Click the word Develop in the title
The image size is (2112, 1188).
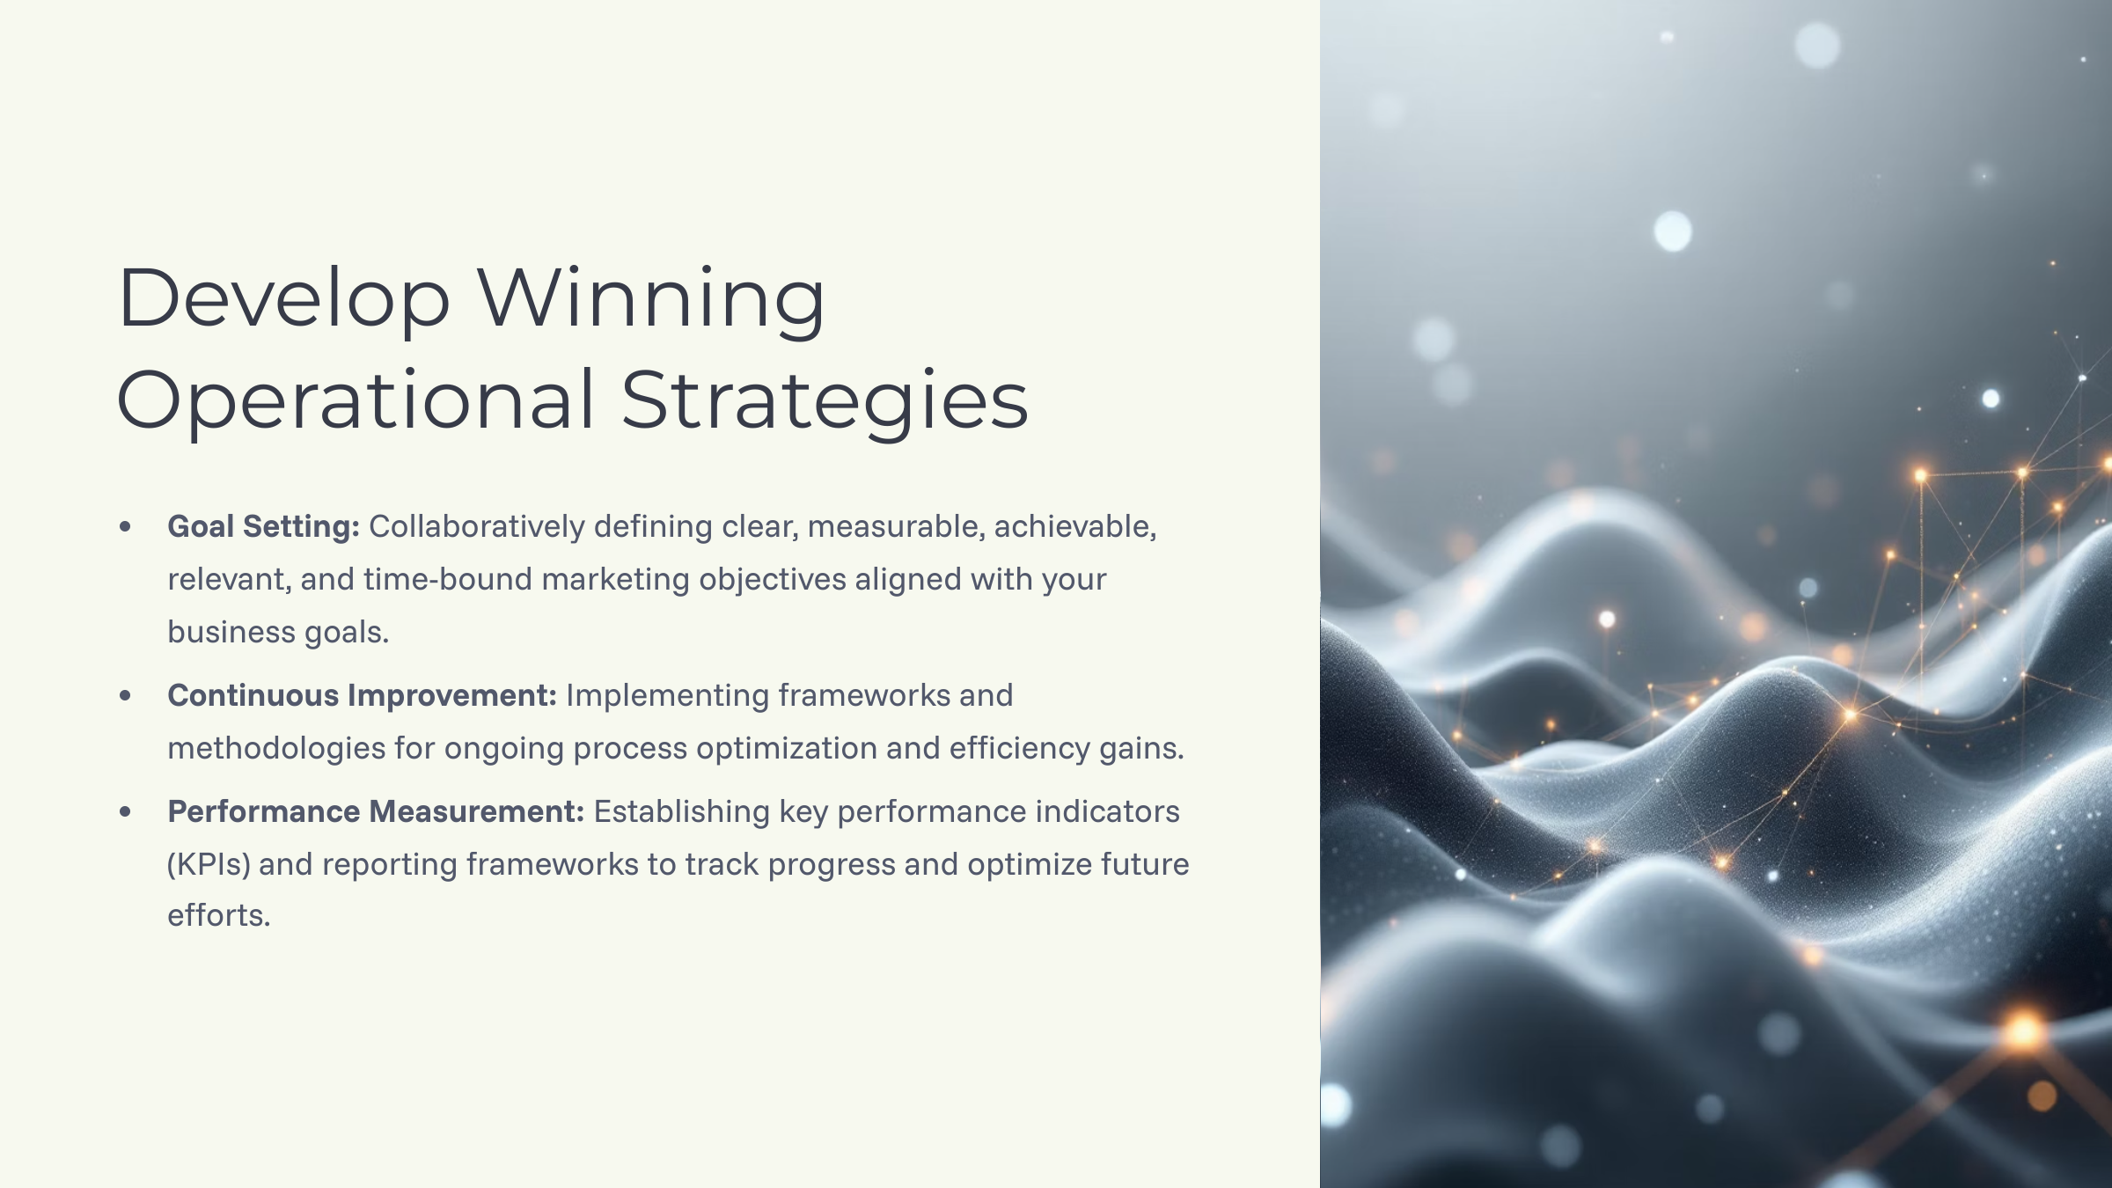coord(283,299)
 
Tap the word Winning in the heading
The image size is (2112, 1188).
coord(651,299)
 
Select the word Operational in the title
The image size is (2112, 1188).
coord(356,400)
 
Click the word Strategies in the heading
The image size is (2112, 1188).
coord(825,400)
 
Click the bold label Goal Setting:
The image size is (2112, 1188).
coord(263,526)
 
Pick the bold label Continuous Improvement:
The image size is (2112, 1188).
coord(362,695)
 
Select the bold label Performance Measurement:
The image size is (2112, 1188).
coord(376,811)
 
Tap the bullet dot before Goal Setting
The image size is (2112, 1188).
coord(125,527)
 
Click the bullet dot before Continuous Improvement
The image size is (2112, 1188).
coord(125,696)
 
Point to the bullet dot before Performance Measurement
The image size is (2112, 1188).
coord(125,811)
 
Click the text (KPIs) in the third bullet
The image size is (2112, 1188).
coord(209,864)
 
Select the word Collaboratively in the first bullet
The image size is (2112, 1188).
coord(477,526)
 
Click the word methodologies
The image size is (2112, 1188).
coord(276,748)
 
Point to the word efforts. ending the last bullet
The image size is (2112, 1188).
coord(218,915)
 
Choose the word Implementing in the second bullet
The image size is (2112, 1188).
coord(668,695)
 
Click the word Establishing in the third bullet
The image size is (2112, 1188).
coord(682,811)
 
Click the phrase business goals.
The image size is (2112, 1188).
coord(278,632)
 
